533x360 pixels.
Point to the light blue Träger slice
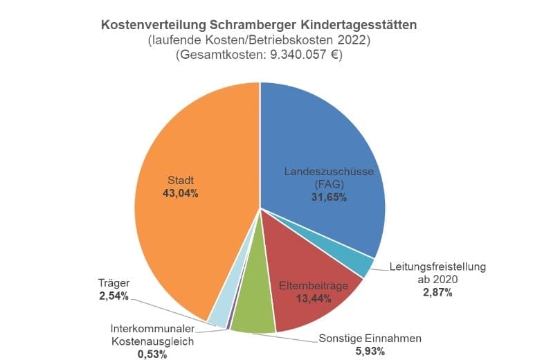pos(219,314)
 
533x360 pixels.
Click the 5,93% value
pos(370,351)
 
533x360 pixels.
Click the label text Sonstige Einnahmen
pos(370,339)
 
